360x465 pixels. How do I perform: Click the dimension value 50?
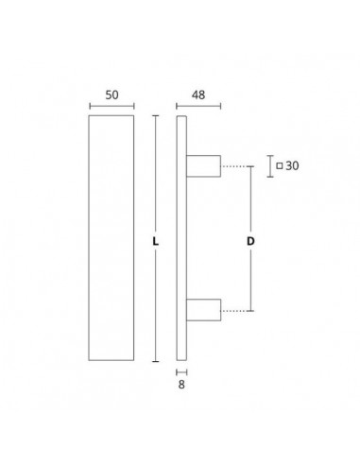(x=111, y=95)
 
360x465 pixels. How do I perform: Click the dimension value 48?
(x=198, y=95)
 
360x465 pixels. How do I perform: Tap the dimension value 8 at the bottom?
(x=181, y=385)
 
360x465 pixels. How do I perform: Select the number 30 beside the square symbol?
(x=292, y=165)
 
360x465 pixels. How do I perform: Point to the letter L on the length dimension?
(x=155, y=242)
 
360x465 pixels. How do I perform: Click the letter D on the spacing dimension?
(x=250, y=241)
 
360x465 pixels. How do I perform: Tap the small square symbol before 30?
(x=280, y=165)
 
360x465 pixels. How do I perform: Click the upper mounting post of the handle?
(x=203, y=166)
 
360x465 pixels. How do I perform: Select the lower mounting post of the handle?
(x=203, y=310)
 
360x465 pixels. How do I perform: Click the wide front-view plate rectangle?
(x=89, y=238)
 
